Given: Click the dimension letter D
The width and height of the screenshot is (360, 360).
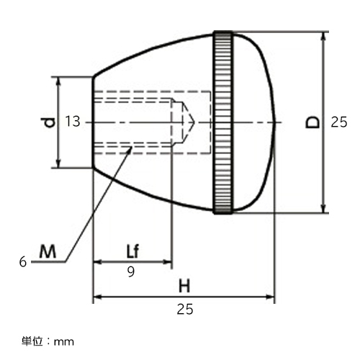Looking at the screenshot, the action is coord(312,122).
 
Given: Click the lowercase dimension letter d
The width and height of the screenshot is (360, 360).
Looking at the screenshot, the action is coord(49,122).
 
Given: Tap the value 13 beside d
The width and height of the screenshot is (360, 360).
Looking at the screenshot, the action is coord(73,122).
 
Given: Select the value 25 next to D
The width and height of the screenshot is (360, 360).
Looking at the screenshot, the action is coord(339,122).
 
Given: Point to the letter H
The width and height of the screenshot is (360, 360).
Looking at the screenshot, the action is coord(184,286).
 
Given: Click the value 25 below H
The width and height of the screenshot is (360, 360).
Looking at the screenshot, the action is coord(185,309).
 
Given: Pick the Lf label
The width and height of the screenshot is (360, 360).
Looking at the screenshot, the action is coord(132,251).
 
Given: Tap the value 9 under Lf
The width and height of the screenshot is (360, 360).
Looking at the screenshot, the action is coord(131,271).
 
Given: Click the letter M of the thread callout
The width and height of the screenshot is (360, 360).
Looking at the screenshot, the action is coord(48,251).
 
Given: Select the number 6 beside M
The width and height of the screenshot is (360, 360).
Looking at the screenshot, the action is coord(23,261).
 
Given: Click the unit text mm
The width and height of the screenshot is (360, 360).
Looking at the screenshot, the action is coord(64,342).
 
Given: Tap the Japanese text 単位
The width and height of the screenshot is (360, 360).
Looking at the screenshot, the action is coord(32,341).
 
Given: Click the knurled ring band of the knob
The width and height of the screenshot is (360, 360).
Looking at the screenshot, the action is coord(223,122).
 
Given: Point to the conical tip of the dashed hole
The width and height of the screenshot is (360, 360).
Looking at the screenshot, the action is coord(194,122).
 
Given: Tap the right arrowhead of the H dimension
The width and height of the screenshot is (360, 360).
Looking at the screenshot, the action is coord(270,297).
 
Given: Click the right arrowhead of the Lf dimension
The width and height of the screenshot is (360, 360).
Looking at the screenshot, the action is coord(167,262).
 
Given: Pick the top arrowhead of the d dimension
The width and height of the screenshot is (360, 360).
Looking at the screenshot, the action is coord(58,81).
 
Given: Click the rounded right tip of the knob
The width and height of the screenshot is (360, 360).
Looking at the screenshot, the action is coord(275,122).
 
